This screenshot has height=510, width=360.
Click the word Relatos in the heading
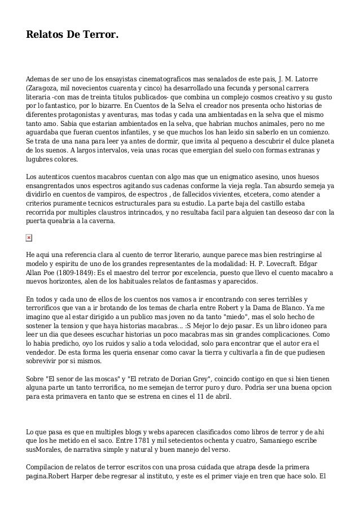pyautogui.click(x=45, y=36)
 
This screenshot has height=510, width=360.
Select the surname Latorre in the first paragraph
pyautogui.click(x=315, y=79)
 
